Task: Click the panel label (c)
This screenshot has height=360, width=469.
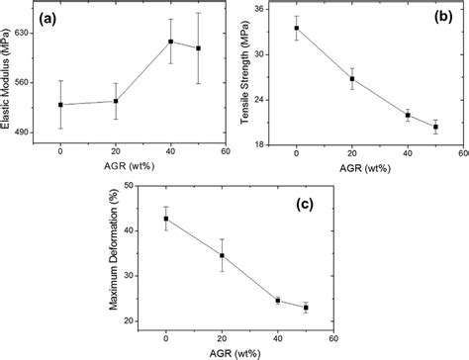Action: (x=309, y=206)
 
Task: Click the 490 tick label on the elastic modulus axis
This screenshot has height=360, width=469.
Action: (x=23, y=131)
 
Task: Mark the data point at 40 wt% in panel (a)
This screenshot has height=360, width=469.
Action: (x=170, y=42)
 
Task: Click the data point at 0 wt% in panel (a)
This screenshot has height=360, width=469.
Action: (x=60, y=105)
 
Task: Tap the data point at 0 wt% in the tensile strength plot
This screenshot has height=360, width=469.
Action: (x=296, y=29)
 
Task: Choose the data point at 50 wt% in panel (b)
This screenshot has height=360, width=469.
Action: (x=436, y=127)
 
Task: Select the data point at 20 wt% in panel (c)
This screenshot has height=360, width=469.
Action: (x=222, y=255)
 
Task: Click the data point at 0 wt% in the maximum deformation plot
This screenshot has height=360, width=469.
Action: (x=166, y=219)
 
